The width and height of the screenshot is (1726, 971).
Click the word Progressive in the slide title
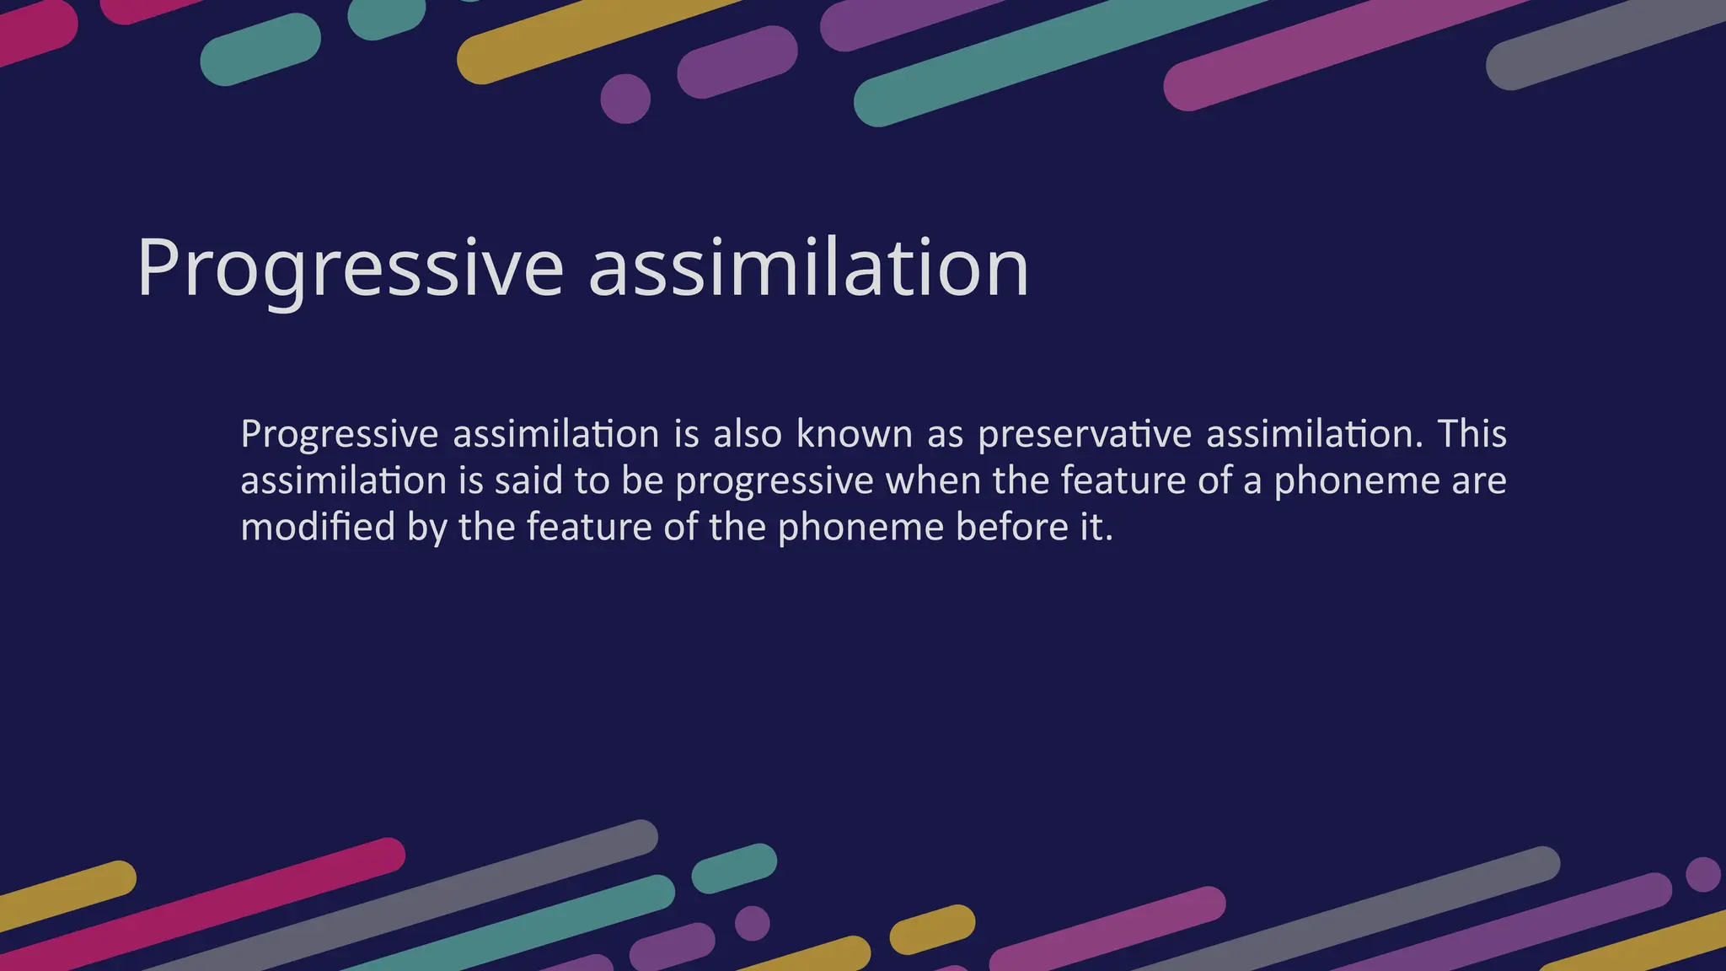pyautogui.click(x=350, y=268)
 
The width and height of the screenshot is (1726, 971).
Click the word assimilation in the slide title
pyautogui.click(x=808, y=268)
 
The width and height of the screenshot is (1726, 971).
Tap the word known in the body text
pyautogui.click(x=855, y=434)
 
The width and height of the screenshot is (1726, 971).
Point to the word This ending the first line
pyautogui.click(x=1471, y=434)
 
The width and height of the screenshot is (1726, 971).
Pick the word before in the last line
pyautogui.click(x=1011, y=528)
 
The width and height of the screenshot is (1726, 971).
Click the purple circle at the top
pyautogui.click(x=625, y=99)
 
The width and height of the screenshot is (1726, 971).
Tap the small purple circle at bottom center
pyautogui.click(x=752, y=924)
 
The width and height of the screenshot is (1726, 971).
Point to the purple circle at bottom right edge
pyautogui.click(x=1703, y=874)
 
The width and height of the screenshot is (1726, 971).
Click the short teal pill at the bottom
pyautogui.click(x=734, y=868)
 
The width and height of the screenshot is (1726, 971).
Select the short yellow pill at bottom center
pyautogui.click(x=932, y=930)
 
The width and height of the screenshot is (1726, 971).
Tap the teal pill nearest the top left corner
pyautogui.click(x=260, y=49)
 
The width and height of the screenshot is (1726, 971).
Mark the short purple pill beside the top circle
pyautogui.click(x=737, y=62)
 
